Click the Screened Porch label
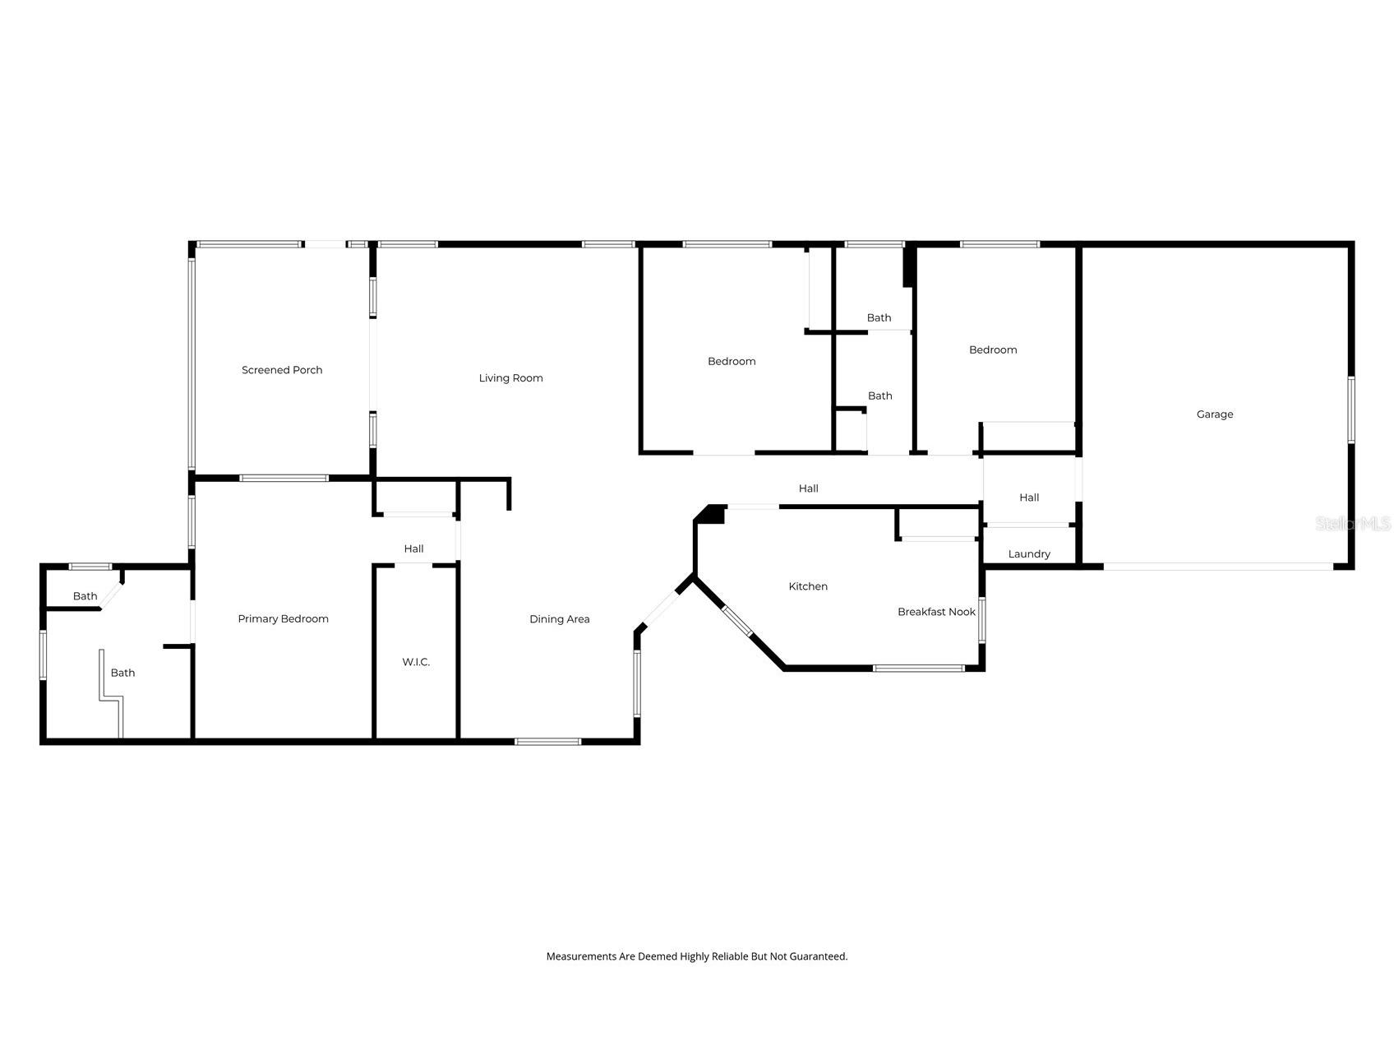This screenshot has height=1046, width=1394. tap(282, 370)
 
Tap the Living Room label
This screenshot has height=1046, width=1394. tap(510, 378)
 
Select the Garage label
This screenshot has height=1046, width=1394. tap(1214, 414)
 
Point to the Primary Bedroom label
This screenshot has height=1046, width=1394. tap(283, 619)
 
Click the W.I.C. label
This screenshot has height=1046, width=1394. tap(416, 662)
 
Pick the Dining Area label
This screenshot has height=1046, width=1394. tap(559, 619)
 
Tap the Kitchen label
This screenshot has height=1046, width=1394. tap(808, 586)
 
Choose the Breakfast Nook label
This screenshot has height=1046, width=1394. tap(936, 612)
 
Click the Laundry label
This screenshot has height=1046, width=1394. tap(1029, 554)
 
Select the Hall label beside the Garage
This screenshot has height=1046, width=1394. tap(1029, 498)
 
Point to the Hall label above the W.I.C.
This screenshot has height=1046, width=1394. tap(413, 548)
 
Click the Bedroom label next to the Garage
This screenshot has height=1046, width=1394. tap(993, 350)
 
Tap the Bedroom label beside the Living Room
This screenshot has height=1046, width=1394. tap(732, 362)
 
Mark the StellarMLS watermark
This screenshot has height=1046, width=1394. tap(1352, 524)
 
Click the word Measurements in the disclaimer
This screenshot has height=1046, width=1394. tap(581, 956)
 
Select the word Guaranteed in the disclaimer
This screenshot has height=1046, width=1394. tap(818, 956)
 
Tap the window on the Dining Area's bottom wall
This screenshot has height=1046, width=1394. tap(547, 742)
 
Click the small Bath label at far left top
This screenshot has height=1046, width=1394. tap(85, 596)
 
